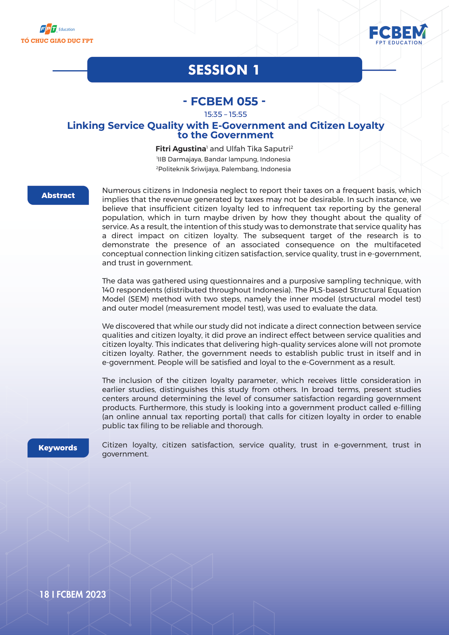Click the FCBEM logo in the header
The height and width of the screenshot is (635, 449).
pyautogui.click(x=398, y=34)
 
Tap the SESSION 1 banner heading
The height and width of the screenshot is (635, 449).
pyautogui.click(x=224, y=70)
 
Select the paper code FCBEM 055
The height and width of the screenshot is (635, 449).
pyautogui.click(x=224, y=101)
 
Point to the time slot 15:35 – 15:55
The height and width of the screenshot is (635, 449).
pyautogui.click(x=225, y=114)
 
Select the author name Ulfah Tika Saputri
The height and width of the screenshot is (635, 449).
pyautogui.click(x=258, y=149)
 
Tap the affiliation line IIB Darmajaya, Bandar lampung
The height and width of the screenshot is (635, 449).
pyautogui.click(x=224, y=159)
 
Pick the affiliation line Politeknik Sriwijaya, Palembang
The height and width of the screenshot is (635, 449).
pyautogui.click(x=224, y=169)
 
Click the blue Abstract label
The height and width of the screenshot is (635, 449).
pyautogui.click(x=58, y=195)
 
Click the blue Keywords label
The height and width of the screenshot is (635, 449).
pyautogui.click(x=58, y=448)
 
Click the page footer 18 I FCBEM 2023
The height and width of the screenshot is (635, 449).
pyautogui.click(x=73, y=594)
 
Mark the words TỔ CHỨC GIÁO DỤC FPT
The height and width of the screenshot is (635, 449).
pyautogui.click(x=57, y=41)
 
